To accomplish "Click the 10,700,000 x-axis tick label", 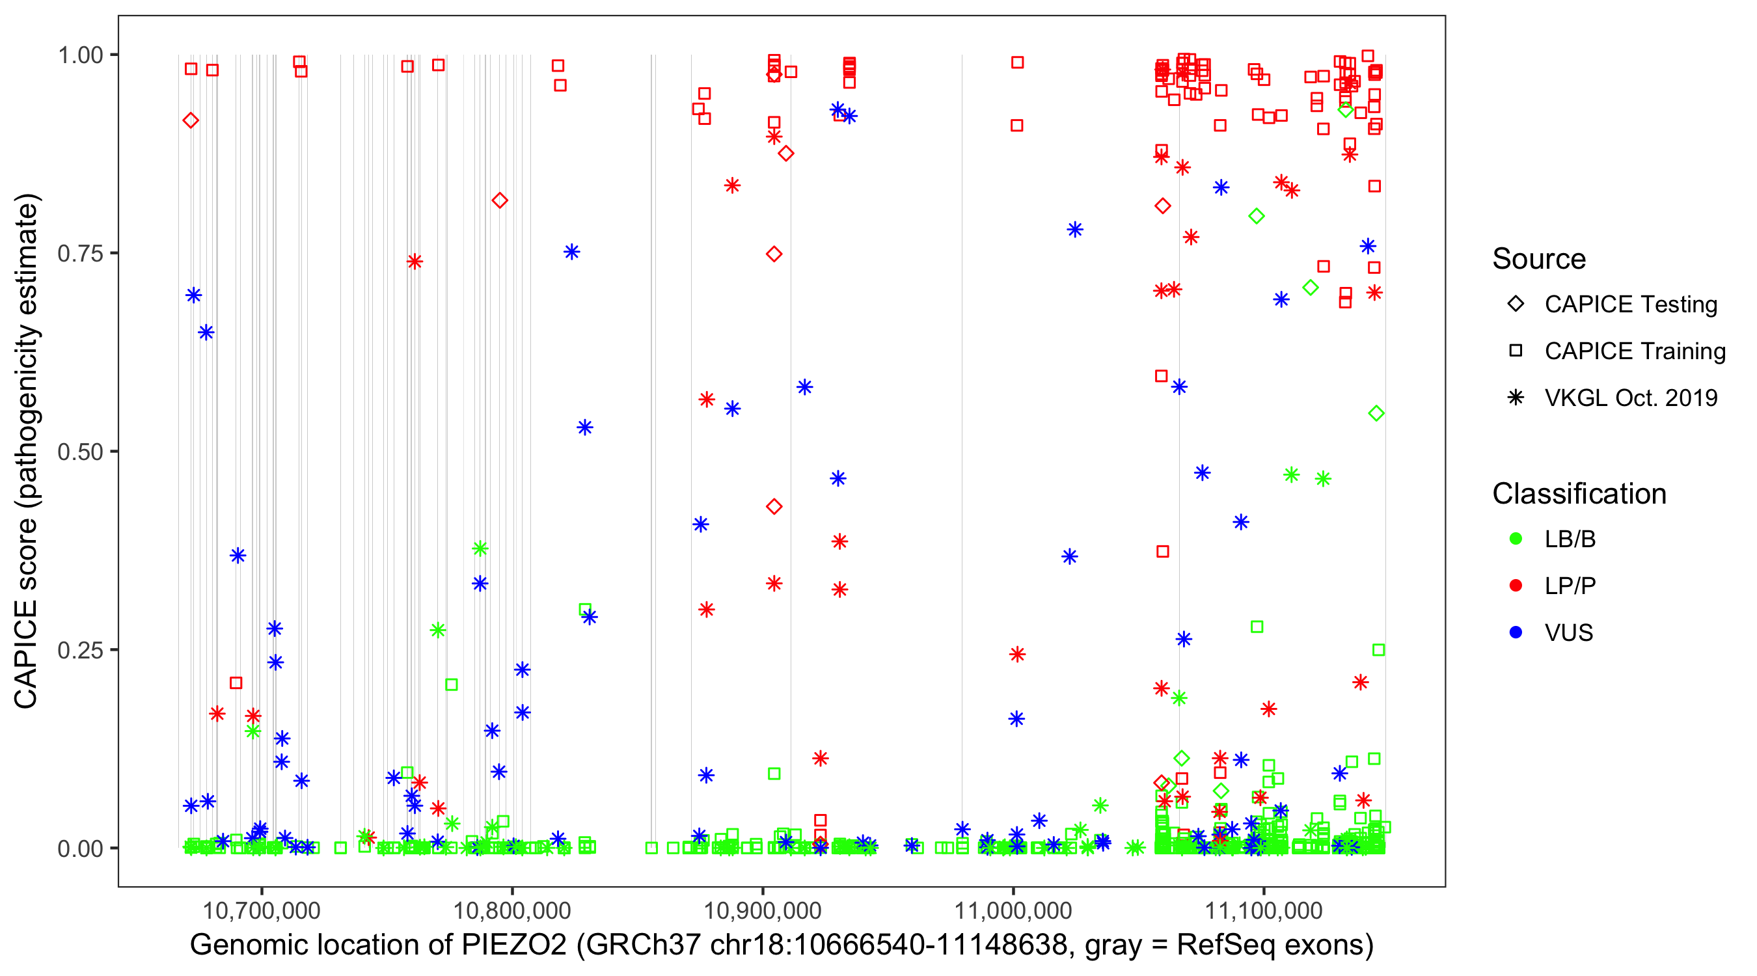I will point(261,910).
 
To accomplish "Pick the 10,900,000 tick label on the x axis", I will point(762,910).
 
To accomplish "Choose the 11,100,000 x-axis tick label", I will point(1264,910).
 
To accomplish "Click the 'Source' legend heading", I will point(1539,259).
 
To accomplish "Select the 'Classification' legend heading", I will point(1579,494).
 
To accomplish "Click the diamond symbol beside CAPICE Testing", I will point(1516,305).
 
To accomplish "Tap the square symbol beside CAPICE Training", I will point(1516,351).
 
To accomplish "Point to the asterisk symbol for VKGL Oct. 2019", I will point(1516,398).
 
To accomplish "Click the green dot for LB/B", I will point(1516,539).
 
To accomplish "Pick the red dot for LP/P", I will point(1516,586).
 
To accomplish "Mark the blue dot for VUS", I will point(1516,633).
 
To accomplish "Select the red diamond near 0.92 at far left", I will point(191,121).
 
